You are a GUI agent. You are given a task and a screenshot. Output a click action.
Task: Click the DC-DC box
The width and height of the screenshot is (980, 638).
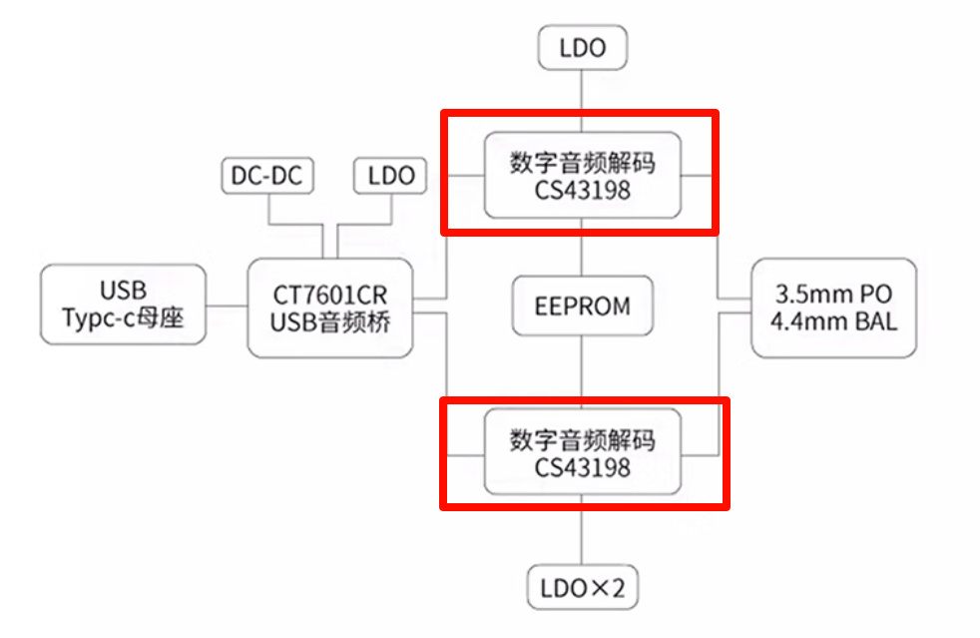266,176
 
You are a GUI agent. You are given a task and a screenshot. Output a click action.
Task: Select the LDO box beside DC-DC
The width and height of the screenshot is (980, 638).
390,176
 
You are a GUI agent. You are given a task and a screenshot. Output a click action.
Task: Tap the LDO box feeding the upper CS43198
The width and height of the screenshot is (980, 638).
583,49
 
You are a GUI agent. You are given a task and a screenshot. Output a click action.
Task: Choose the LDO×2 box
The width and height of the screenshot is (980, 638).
583,588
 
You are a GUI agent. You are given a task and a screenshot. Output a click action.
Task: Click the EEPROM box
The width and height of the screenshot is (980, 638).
583,307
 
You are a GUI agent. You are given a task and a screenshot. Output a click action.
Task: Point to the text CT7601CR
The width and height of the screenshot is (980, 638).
329,295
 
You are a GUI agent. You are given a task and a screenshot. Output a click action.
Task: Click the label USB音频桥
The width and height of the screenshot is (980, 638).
329,322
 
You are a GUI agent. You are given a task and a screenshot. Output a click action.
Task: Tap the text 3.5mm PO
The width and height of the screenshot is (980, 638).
833,295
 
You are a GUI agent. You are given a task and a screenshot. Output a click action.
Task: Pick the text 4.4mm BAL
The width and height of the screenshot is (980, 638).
833,321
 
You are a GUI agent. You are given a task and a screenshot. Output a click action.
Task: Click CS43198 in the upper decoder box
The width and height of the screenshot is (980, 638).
583,190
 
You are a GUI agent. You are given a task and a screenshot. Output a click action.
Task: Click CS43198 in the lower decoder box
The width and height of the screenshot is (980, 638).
583,466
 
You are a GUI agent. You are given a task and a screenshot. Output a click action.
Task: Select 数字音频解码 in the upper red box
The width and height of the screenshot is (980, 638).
583,162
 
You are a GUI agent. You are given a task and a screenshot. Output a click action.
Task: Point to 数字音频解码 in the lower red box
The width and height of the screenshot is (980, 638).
583,439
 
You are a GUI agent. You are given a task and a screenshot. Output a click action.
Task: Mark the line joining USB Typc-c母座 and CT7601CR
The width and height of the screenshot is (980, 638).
227,306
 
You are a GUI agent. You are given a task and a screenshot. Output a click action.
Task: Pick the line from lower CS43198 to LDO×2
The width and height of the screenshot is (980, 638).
583,529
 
